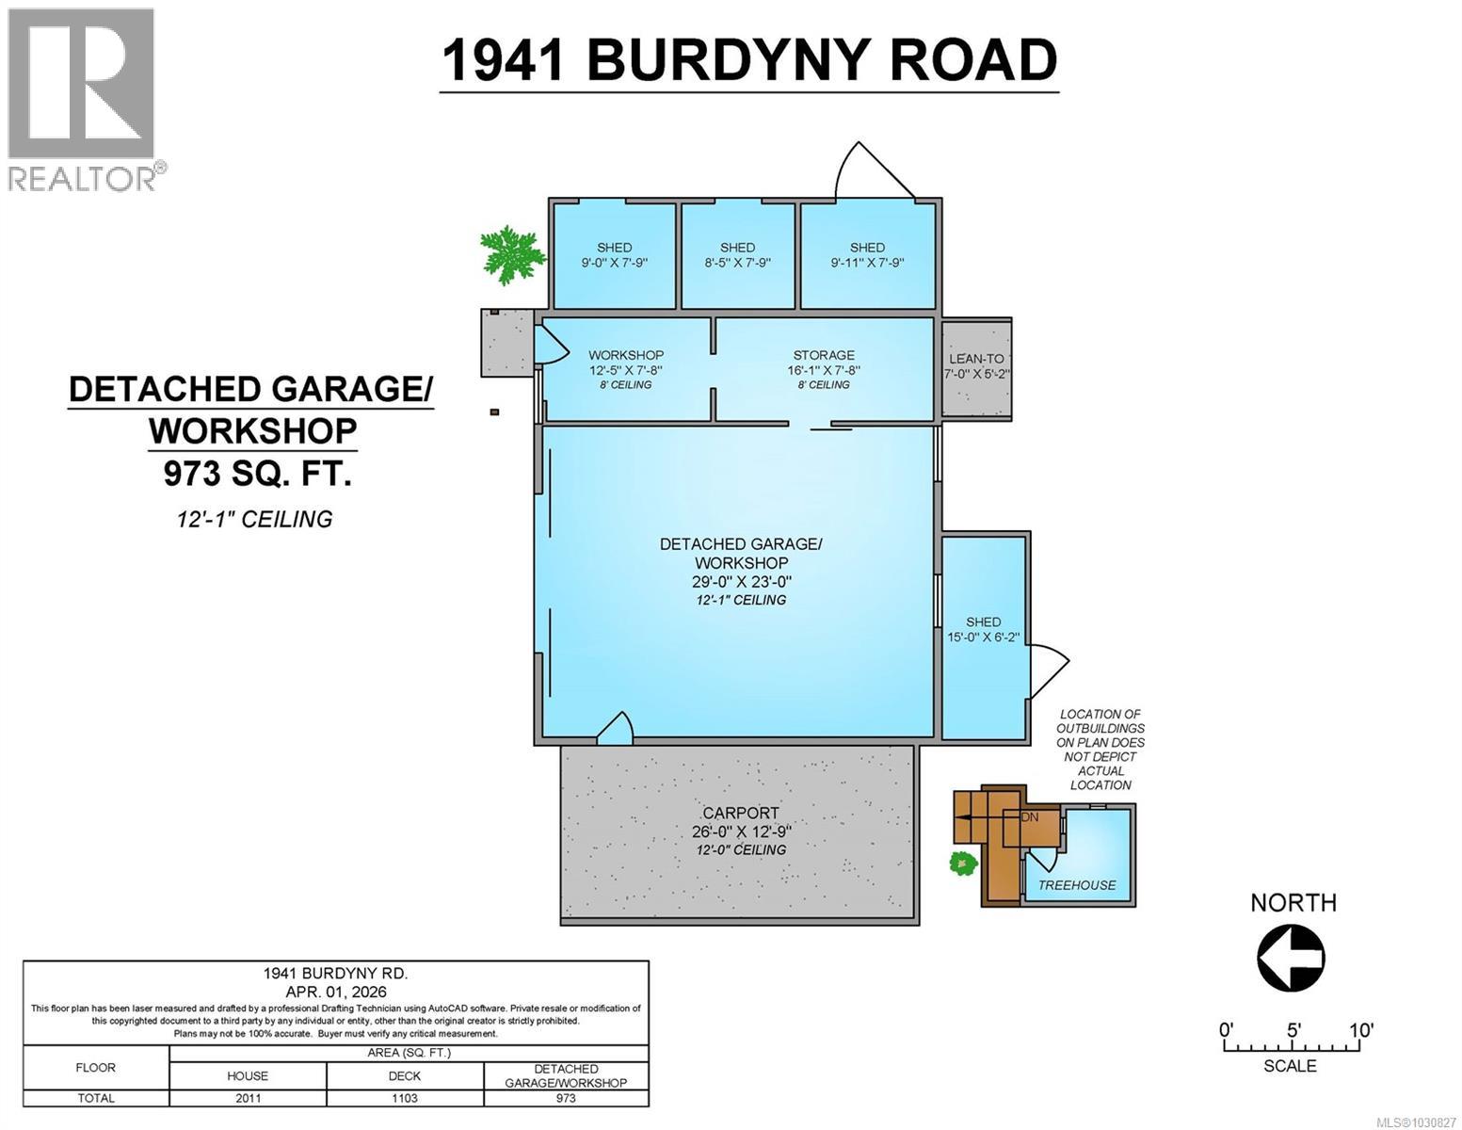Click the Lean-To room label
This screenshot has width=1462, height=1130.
point(976,358)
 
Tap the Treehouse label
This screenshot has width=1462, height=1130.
point(1077,885)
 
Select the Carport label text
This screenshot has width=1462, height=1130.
point(741,813)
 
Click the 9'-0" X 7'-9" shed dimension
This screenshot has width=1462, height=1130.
point(614,263)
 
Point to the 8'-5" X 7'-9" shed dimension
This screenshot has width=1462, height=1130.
point(737,263)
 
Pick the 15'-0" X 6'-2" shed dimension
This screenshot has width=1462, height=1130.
point(983,637)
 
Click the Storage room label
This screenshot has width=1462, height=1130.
point(824,355)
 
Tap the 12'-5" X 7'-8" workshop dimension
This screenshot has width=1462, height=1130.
point(626,370)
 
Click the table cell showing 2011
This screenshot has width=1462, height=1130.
point(248,1098)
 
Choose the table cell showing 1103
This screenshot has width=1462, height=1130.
point(405,1098)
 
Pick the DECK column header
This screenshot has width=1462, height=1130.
point(405,1075)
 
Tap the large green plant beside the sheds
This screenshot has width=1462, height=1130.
point(511,255)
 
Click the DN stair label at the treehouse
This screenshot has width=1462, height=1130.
point(1030,816)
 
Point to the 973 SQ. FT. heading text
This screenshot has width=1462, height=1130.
point(257,474)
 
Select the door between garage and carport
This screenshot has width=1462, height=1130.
point(616,729)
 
